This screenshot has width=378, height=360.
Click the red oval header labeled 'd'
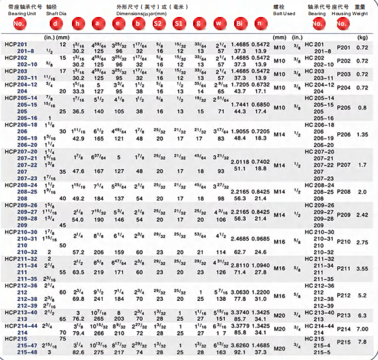click(54, 23)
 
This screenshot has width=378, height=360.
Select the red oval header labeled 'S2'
click(157, 23)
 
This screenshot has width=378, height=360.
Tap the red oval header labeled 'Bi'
click(239, 23)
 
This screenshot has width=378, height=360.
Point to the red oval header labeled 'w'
click(218, 23)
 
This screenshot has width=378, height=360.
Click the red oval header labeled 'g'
click(200, 23)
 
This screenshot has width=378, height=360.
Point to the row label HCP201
click(16, 45)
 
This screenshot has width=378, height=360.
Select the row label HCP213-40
click(20, 311)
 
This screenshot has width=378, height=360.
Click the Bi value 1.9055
click(239, 132)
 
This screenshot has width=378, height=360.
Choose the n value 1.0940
click(262, 265)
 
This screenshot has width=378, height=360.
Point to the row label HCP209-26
click(20, 205)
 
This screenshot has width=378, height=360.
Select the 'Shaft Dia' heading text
click(57, 12)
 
